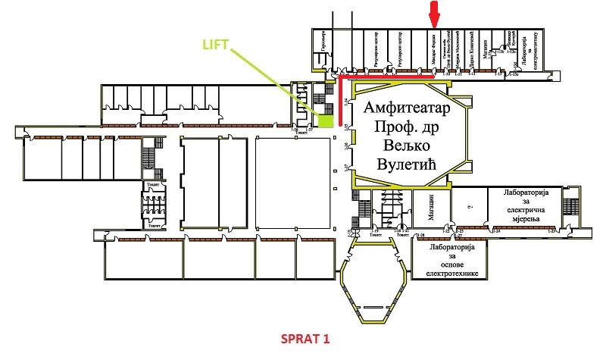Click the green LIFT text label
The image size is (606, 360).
[x=218, y=45]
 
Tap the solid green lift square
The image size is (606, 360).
[x=325, y=120]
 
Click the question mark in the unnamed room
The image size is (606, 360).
[x=471, y=206]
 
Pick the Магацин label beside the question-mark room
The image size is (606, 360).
[x=430, y=206]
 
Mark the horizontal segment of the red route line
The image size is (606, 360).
[x=386, y=76]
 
